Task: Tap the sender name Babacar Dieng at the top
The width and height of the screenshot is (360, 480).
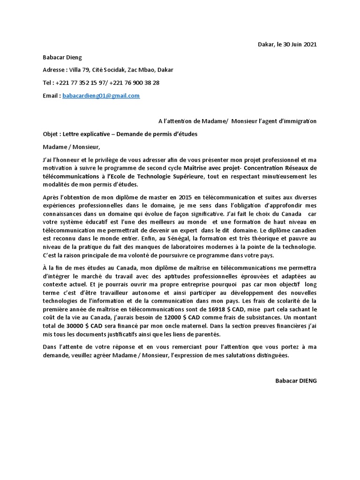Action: pyautogui.click(x=62, y=58)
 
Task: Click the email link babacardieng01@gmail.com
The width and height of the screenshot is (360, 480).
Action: pyautogui.click(x=101, y=96)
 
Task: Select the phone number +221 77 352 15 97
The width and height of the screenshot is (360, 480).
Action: pyautogui.click(x=80, y=83)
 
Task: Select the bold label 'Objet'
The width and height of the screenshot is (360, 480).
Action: pyautogui.click(x=50, y=134)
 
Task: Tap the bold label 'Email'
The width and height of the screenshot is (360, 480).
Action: pyautogui.click(x=51, y=96)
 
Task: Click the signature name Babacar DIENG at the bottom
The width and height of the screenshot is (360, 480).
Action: pyautogui.click(x=296, y=381)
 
